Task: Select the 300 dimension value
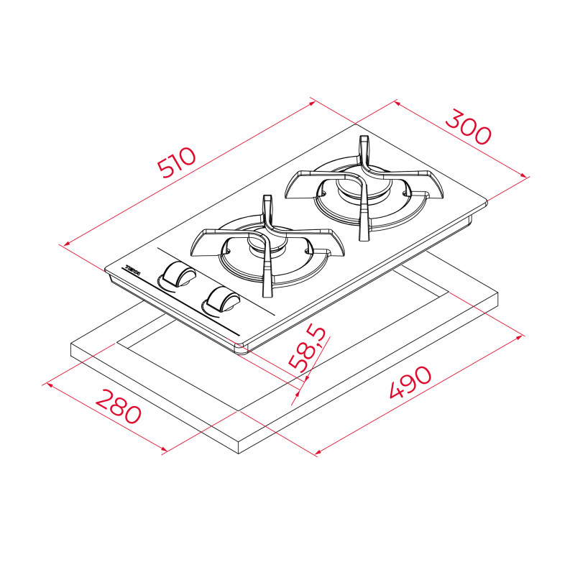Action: point(467,127)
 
